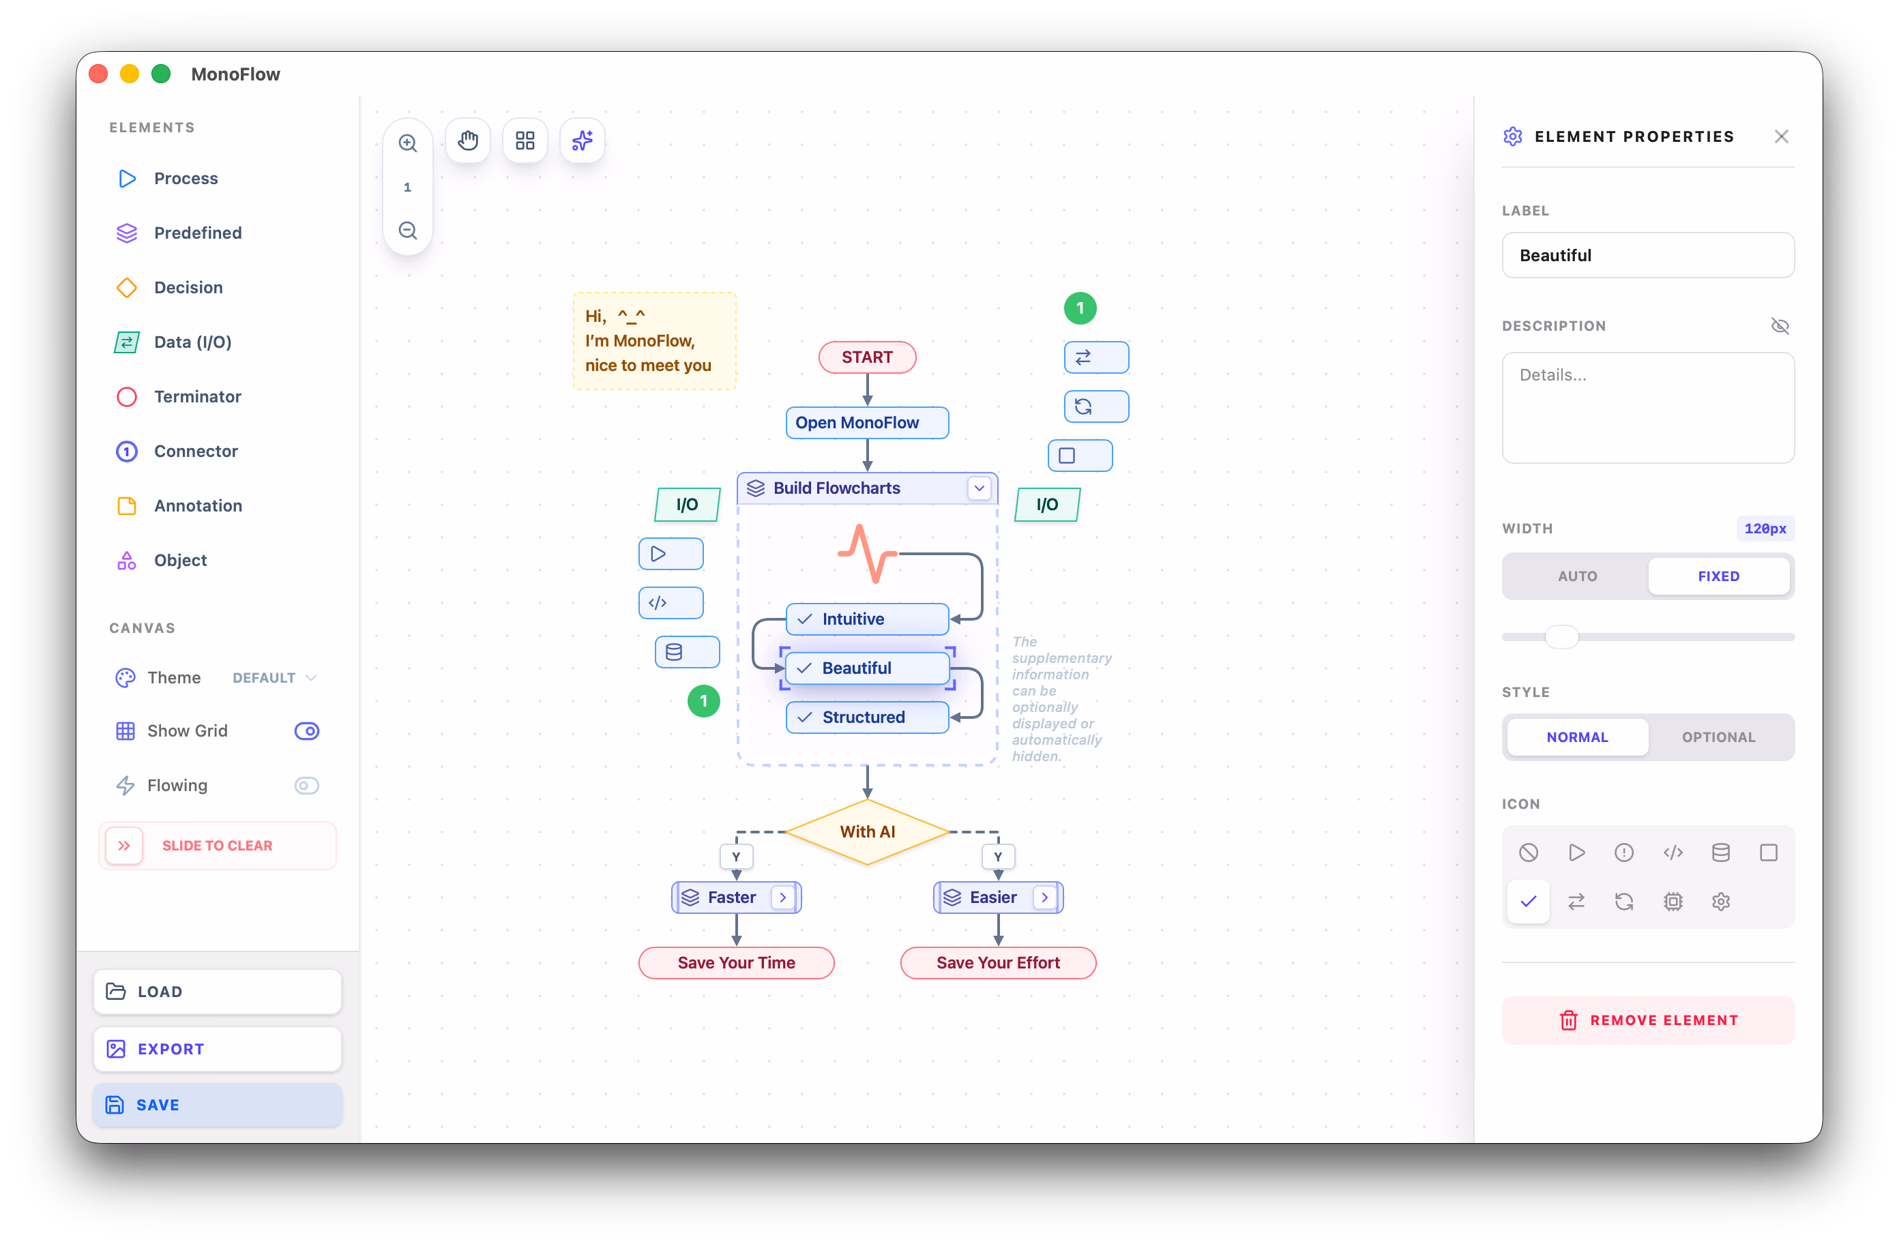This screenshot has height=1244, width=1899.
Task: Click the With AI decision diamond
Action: click(868, 831)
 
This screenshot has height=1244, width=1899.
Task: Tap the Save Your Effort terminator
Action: click(997, 962)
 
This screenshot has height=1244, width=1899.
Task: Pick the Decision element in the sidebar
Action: click(188, 287)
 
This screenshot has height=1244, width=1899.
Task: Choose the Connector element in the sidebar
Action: click(196, 451)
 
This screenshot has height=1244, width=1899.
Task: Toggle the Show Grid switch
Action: click(307, 730)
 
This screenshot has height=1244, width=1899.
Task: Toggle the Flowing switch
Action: click(307, 785)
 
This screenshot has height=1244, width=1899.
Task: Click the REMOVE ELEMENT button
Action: click(1648, 1020)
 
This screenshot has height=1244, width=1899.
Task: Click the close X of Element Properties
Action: click(1781, 136)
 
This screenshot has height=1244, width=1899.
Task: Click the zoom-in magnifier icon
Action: click(408, 143)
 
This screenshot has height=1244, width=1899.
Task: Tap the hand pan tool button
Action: click(467, 140)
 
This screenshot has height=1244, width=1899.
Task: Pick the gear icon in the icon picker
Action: click(1720, 901)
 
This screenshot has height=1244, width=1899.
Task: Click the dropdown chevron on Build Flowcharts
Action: click(979, 488)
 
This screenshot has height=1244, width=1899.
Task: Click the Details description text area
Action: click(1648, 407)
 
